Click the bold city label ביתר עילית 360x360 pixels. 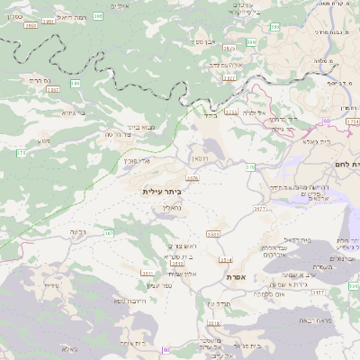point(162,192)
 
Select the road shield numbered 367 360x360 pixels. point(109,233)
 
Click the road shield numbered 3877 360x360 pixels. point(260,208)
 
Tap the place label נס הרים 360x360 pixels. point(44,80)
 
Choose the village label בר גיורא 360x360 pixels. point(74,114)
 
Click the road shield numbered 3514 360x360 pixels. point(225,260)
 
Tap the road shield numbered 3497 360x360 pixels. point(52,91)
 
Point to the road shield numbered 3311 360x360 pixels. point(148,271)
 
